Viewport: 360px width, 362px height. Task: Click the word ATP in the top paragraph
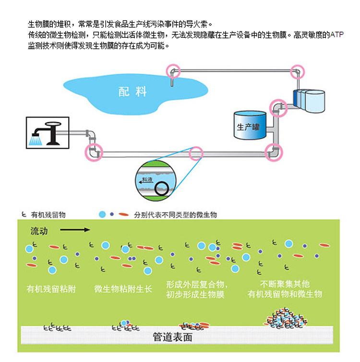tap(337, 35)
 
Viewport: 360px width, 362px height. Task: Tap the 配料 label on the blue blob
tap(132, 92)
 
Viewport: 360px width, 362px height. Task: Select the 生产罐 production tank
tap(250, 125)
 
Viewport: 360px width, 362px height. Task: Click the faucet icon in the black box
tap(48, 133)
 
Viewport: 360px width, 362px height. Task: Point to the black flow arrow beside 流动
tap(75, 230)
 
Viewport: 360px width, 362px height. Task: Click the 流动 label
tap(39, 231)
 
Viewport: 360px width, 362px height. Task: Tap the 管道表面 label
tap(173, 337)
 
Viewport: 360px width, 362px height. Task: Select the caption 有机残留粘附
tap(51, 289)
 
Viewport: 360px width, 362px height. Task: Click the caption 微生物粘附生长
tap(123, 289)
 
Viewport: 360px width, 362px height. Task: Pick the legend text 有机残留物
tap(48, 215)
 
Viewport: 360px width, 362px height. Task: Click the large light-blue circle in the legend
tap(102, 214)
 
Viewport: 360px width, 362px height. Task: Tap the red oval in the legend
tap(124, 214)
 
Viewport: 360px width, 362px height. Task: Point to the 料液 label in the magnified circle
tap(147, 179)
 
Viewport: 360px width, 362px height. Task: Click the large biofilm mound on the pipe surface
tap(286, 318)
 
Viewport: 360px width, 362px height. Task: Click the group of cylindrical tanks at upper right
tap(309, 101)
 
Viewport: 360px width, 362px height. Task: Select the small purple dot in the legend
tap(112, 214)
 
